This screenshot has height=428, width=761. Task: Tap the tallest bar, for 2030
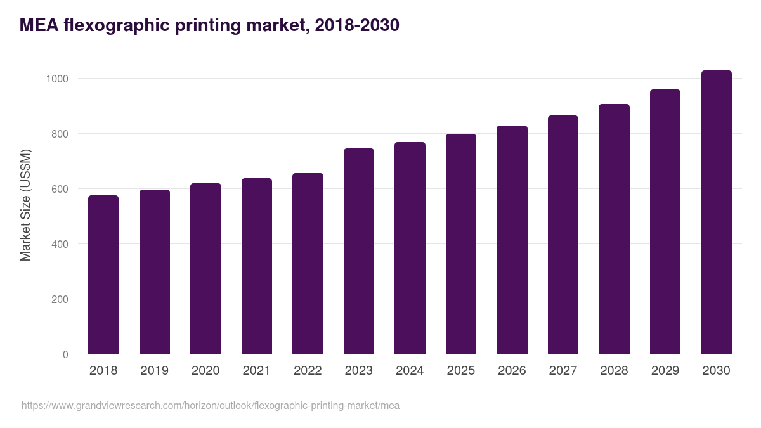pyautogui.click(x=716, y=212)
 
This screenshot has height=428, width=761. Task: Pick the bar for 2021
pyautogui.click(x=257, y=266)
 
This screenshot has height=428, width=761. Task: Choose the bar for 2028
pyautogui.click(x=614, y=229)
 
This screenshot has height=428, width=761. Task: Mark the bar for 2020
pyautogui.click(x=205, y=269)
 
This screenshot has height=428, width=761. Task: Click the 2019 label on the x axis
pyautogui.click(x=154, y=371)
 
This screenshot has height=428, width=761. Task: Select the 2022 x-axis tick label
pyautogui.click(x=308, y=371)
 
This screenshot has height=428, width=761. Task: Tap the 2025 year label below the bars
pyautogui.click(x=461, y=371)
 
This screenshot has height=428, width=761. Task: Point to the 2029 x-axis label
pyautogui.click(x=665, y=371)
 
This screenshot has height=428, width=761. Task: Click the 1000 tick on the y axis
pyautogui.click(x=56, y=79)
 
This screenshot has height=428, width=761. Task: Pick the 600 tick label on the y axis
pyautogui.click(x=60, y=189)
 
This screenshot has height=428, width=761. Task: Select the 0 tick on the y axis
pyautogui.click(x=65, y=354)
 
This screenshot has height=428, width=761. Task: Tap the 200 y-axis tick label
pyautogui.click(x=60, y=299)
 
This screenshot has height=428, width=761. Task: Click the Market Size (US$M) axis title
pyautogui.click(x=25, y=204)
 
